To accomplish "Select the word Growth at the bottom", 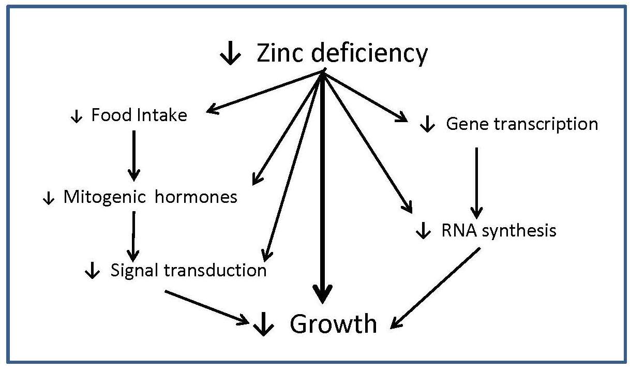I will coord(333,324).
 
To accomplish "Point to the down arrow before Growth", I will coord(264,325).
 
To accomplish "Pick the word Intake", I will coord(162,115).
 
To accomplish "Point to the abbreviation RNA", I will coord(459,230).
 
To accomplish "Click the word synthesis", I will coord(519,231).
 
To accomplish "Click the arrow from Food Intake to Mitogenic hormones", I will coord(134,155).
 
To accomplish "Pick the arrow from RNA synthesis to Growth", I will coord(436,288).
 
